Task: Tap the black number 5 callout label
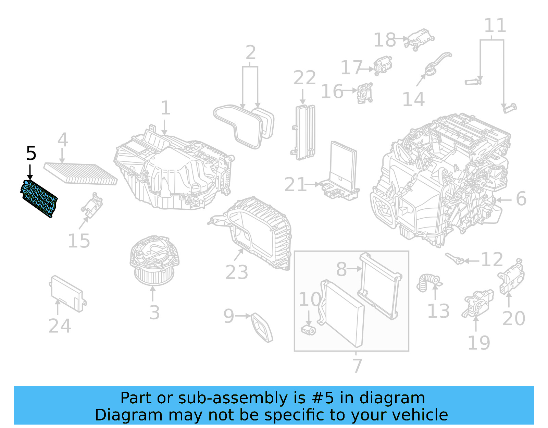click(31, 153)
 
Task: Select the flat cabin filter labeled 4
click(80, 173)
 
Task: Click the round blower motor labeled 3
click(154, 260)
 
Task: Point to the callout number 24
click(60, 326)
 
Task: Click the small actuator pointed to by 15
click(92, 207)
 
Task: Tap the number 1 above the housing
click(165, 108)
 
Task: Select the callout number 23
click(237, 272)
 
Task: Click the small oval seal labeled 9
click(262, 327)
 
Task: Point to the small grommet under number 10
click(308, 330)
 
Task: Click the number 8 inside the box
click(341, 269)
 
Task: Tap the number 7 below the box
click(357, 366)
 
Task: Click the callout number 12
click(492, 260)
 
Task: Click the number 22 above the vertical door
click(304, 78)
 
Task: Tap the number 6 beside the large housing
click(521, 199)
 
